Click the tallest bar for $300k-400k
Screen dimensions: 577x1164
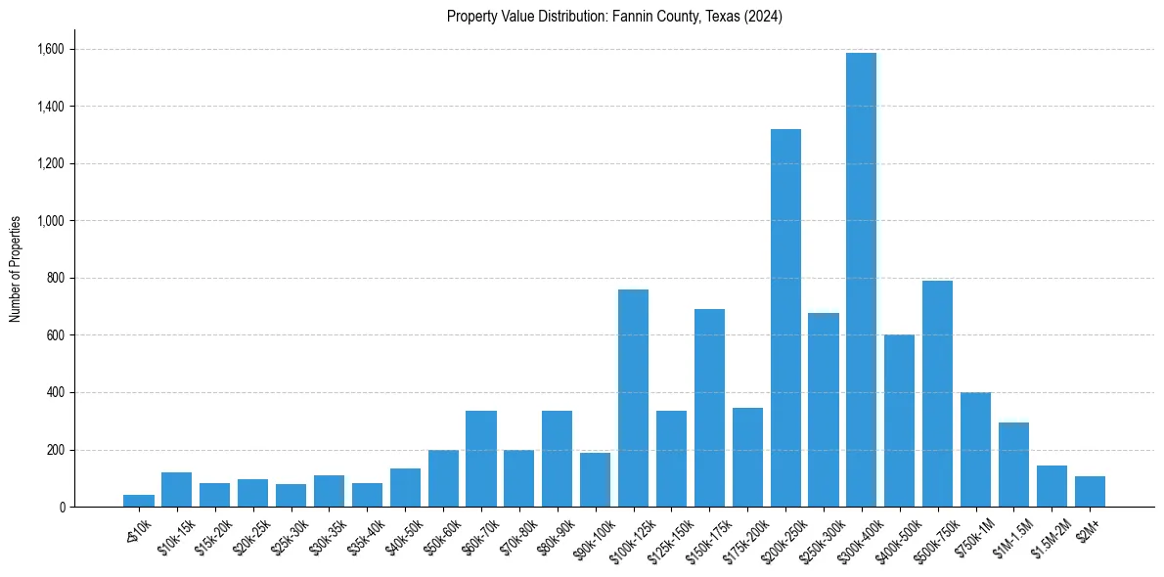pyautogui.click(x=861, y=280)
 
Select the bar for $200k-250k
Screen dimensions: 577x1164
pyautogui.click(x=785, y=318)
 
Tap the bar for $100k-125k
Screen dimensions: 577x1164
pyautogui.click(x=633, y=398)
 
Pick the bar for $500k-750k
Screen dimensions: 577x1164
pyautogui.click(x=937, y=394)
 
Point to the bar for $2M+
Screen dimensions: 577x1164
pyautogui.click(x=1090, y=492)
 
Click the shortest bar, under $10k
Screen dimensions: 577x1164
pyautogui.click(x=139, y=501)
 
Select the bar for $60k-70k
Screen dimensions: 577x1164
pyautogui.click(x=481, y=459)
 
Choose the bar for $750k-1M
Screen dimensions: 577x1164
pyautogui.click(x=975, y=450)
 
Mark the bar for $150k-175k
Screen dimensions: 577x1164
pyautogui.click(x=709, y=408)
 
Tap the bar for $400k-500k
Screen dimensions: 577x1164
pyautogui.click(x=899, y=421)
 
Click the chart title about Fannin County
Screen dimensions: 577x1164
pyautogui.click(x=614, y=17)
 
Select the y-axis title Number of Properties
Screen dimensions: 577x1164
pyautogui.click(x=16, y=269)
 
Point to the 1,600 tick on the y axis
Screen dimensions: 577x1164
pyautogui.click(x=49, y=49)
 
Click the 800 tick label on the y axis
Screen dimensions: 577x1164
pyautogui.click(x=55, y=278)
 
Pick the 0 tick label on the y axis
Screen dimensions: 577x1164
pyautogui.click(x=61, y=508)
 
